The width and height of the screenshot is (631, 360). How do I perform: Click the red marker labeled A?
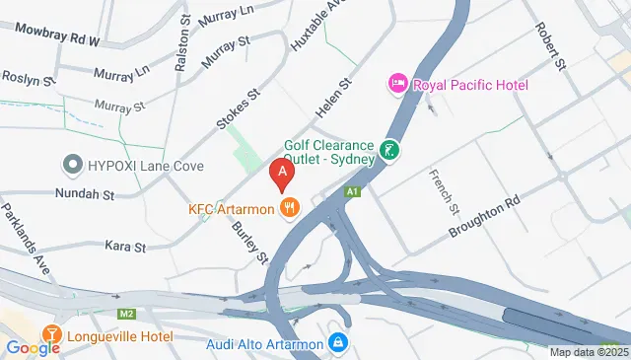coord(283,175)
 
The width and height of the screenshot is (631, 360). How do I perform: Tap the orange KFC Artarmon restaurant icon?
coord(289,207)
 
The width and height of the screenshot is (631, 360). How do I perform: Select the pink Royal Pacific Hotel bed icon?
coord(399,84)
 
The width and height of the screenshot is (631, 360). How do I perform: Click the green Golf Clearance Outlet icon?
coord(391,151)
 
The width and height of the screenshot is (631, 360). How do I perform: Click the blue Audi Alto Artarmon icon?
coord(338,343)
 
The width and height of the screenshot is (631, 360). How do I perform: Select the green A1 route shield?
coord(352,191)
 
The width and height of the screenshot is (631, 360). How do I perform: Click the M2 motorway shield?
coord(125,314)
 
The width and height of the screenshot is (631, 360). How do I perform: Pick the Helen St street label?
coord(331,102)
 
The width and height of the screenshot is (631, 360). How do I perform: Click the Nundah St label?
coord(86,195)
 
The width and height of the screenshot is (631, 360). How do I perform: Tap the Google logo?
coord(33,347)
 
